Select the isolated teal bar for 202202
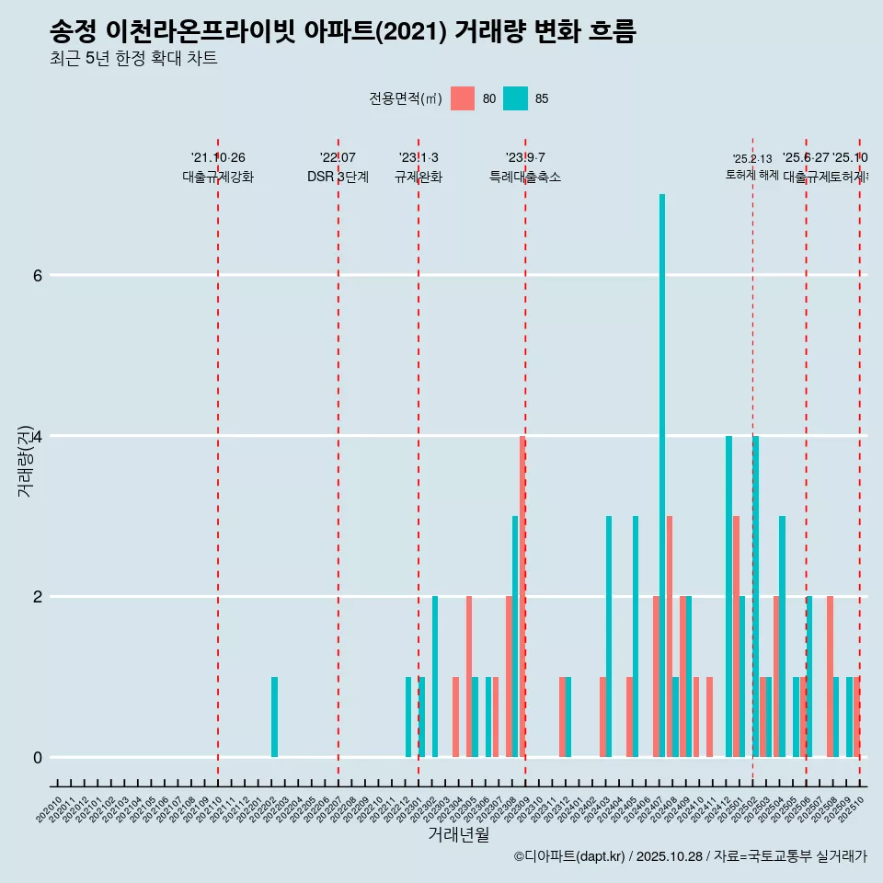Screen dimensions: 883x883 click(x=274, y=717)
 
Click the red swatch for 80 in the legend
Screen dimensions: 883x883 click(x=463, y=98)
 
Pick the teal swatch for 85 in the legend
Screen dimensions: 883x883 click(x=515, y=98)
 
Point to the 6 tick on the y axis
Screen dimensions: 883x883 click(x=37, y=275)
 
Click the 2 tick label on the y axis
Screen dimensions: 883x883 click(x=37, y=596)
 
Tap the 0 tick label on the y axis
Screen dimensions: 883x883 click(x=37, y=757)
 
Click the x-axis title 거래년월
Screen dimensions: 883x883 click(x=458, y=834)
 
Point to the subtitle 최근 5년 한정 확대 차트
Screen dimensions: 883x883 click(x=133, y=59)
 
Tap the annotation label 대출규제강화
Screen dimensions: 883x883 click(x=218, y=177)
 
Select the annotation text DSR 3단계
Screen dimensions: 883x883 click(x=338, y=177)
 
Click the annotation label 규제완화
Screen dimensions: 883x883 click(x=419, y=177)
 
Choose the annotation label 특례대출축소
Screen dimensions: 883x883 click(x=524, y=177)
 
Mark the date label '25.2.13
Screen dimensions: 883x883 click(x=752, y=159)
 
